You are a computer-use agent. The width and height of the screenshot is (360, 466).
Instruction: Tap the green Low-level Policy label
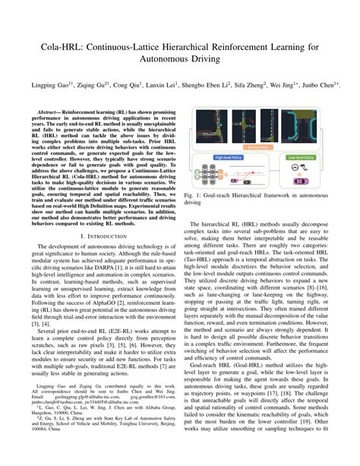tap(304, 157)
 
